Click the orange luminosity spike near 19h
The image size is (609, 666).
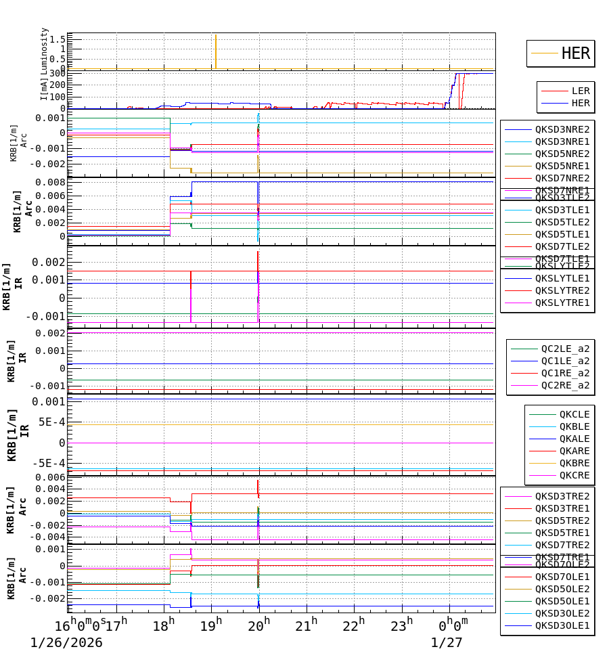pyautogui.click(x=215, y=51)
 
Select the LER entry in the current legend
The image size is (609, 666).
pyautogui.click(x=580, y=91)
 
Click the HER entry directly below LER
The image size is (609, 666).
pyautogui.click(x=580, y=104)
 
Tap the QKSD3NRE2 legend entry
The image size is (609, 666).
pyautogui.click(x=562, y=129)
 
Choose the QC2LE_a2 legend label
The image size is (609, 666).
pyautogui.click(x=564, y=349)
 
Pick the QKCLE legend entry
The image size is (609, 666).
pyautogui.click(x=574, y=414)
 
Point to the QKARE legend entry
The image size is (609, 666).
pyautogui.click(x=574, y=451)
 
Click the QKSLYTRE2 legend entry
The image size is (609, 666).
pyautogui.click(x=562, y=290)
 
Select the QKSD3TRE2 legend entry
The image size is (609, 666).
pyautogui.click(x=562, y=496)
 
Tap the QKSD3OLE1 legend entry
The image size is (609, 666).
pyautogui.click(x=562, y=625)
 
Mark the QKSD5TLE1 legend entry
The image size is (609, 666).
pyautogui.click(x=562, y=234)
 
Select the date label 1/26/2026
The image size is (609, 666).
pyautogui.click(x=66, y=642)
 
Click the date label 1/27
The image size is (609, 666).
pyautogui.click(x=447, y=642)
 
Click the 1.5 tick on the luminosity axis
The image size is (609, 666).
pyautogui.click(x=57, y=39)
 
